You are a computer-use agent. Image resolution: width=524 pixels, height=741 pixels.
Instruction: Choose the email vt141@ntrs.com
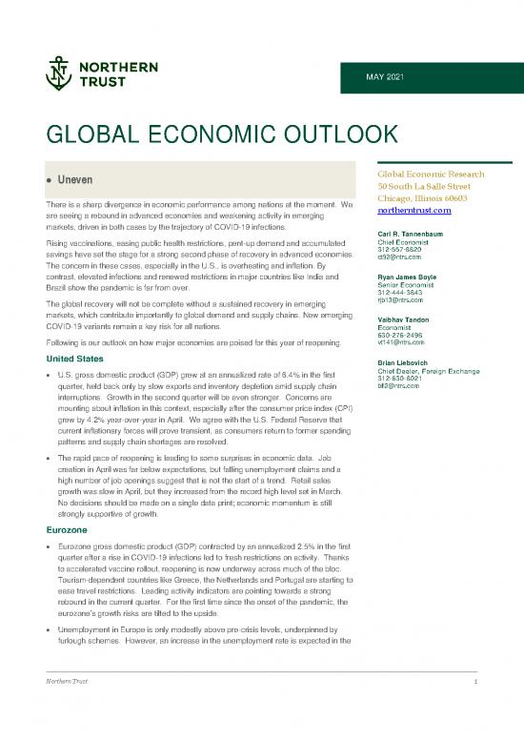(401, 343)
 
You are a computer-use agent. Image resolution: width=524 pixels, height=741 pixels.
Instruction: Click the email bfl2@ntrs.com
(398, 386)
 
